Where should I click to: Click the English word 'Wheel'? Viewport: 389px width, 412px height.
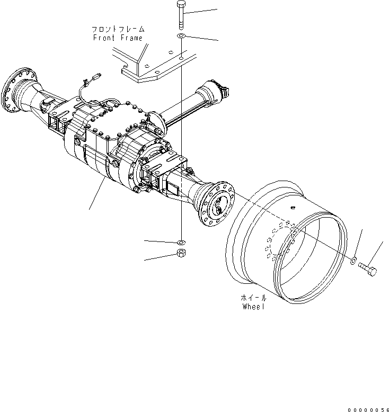click(x=253, y=307)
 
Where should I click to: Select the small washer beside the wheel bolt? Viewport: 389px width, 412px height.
click(x=353, y=259)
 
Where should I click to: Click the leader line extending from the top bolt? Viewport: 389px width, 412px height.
click(x=201, y=11)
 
